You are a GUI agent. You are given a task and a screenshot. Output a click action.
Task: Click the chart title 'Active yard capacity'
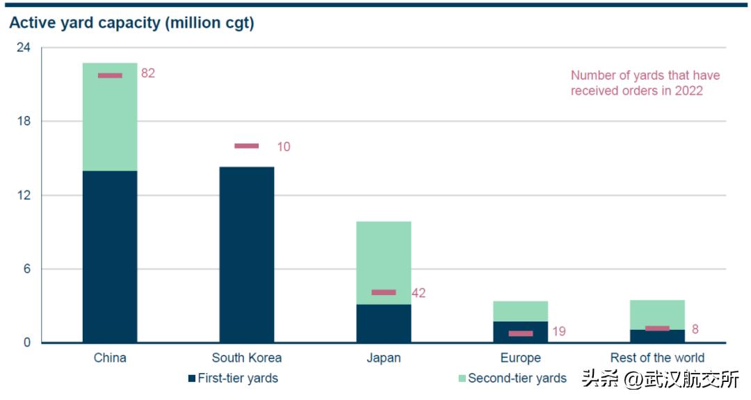point(131,23)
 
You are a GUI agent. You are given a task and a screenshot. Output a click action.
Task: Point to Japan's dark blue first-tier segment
point(384,324)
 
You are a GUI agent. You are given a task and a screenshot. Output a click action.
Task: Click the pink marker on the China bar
point(110,75)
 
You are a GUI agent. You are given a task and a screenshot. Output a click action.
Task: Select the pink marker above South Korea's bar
point(246,146)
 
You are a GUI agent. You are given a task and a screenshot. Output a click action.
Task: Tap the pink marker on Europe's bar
point(521,333)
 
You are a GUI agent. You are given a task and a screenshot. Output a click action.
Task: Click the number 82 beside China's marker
point(147,73)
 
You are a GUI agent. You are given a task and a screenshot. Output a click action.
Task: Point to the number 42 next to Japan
point(419,293)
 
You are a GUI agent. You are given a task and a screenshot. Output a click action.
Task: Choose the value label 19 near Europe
point(558,332)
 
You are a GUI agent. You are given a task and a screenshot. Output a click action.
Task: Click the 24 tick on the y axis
point(24,48)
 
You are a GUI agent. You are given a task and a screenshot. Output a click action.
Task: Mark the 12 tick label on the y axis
point(24,195)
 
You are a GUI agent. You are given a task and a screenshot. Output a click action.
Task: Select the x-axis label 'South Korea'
point(247,358)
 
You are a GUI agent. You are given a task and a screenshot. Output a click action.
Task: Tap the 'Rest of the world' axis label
point(657,358)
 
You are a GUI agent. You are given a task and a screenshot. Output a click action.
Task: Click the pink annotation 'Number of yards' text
point(645,83)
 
